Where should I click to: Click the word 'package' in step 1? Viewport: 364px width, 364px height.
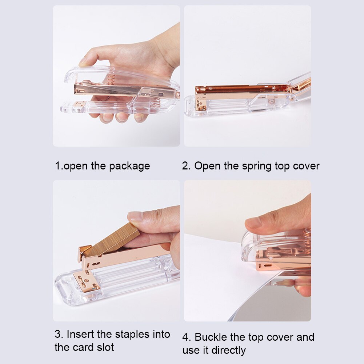tap(129, 167)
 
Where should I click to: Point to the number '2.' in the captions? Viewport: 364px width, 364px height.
tap(187, 166)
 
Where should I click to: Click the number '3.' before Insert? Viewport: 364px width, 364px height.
tap(59, 334)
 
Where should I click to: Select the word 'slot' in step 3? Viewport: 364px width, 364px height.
tap(105, 347)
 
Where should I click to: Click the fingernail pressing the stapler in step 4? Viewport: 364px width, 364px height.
tap(253, 223)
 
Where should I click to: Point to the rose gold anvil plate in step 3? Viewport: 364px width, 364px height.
tap(86, 281)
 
